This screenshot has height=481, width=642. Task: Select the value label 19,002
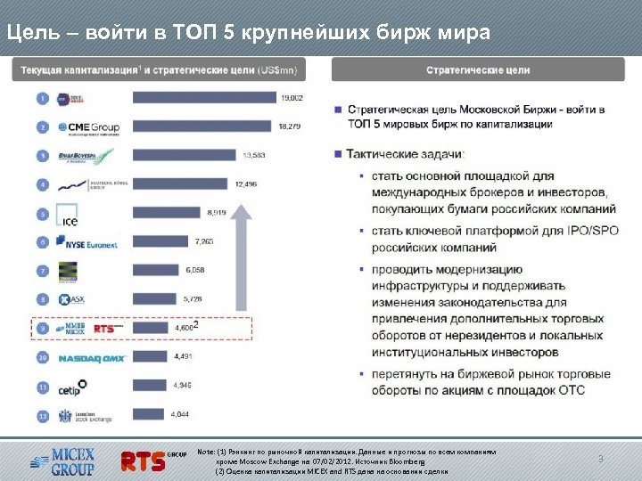click(292, 98)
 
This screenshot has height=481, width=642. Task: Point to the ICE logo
click(68, 214)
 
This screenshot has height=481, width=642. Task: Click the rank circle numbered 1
click(42, 98)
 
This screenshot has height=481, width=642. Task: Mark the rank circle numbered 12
click(42, 415)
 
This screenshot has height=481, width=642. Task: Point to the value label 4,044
click(179, 415)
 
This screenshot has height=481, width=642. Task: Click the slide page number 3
click(600, 459)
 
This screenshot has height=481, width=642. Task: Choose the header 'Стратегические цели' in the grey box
click(478, 69)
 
